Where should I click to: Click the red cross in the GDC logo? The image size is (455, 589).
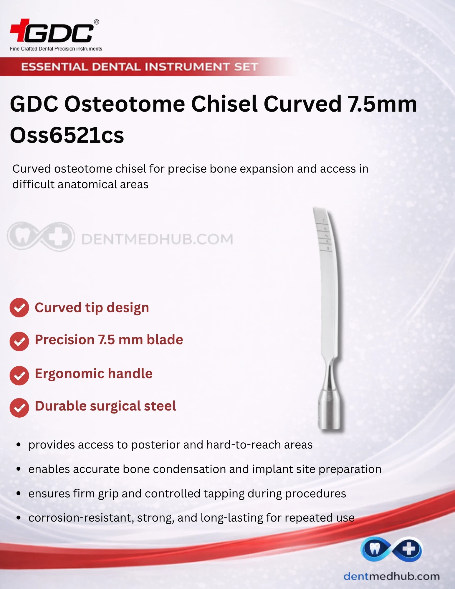point(20,30)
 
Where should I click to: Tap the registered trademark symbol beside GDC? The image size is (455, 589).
point(96,22)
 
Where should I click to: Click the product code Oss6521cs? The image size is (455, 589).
point(67,135)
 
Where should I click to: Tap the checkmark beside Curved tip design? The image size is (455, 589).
point(19,308)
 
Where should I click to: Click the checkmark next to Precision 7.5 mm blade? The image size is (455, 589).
point(19,341)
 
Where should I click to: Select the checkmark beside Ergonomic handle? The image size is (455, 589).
point(19,375)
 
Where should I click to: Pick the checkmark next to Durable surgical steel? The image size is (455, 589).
point(19,408)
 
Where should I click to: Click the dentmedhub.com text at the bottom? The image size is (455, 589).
point(391,576)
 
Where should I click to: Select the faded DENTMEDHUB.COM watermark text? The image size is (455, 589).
point(157,239)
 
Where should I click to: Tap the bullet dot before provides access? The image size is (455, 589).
point(19,445)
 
